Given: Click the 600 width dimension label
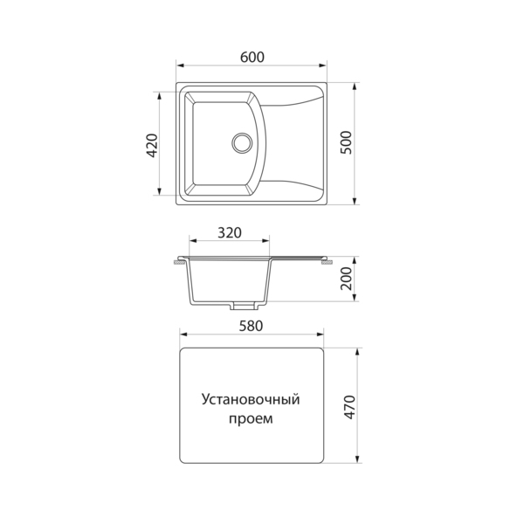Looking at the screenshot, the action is [252, 58].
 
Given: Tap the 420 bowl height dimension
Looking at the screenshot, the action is [152, 145].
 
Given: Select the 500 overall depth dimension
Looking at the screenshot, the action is [346, 142].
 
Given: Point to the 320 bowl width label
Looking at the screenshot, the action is [230, 233].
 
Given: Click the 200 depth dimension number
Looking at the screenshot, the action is [346, 279].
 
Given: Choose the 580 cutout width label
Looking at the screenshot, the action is [252, 326].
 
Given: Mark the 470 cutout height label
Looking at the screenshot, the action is [349, 407].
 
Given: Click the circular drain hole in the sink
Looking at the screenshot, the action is [242, 142].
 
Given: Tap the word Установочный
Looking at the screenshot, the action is [251, 400].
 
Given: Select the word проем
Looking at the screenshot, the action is [251, 418].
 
